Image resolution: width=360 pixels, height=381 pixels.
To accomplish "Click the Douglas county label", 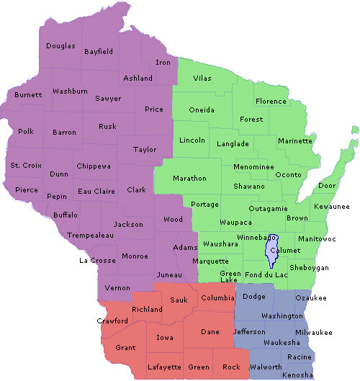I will click(x=60, y=46).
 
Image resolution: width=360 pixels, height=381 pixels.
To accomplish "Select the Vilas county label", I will click(x=204, y=77).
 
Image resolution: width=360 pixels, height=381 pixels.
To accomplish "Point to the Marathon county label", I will click(x=189, y=178).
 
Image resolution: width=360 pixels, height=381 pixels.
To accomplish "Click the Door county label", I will click(x=327, y=186).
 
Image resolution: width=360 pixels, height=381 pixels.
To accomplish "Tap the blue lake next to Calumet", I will click(x=271, y=252).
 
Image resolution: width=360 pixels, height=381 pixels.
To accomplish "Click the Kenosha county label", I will click(x=298, y=375).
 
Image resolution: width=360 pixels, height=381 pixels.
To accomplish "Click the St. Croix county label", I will click(x=25, y=166).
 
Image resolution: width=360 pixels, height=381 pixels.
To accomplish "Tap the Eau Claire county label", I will click(x=94, y=191).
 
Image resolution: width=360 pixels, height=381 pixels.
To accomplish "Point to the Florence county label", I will click(x=271, y=102).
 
